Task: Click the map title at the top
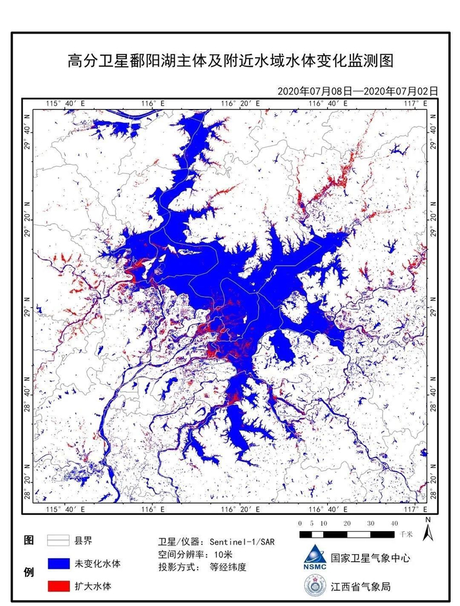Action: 230,62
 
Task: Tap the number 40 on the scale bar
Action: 394,523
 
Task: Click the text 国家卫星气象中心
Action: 370,558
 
